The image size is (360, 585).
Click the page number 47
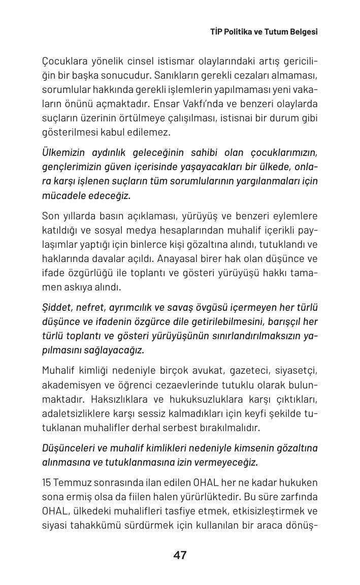[x=180, y=555]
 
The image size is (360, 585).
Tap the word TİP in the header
[x=217, y=31]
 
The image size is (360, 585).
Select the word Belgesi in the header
[x=303, y=31]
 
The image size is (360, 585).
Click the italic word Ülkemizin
[x=63, y=153]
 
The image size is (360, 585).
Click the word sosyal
[x=108, y=230]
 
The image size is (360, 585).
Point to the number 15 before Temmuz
[x=47, y=482]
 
